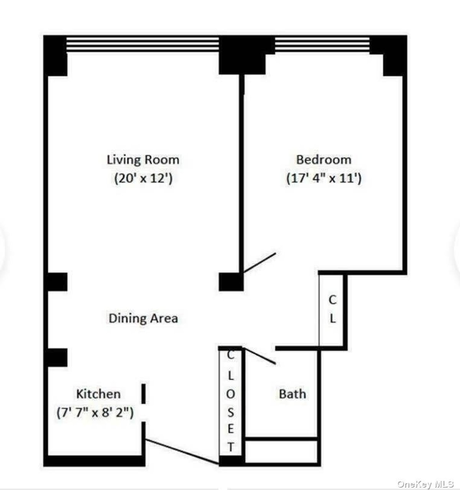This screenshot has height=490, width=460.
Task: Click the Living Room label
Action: coord(143,159)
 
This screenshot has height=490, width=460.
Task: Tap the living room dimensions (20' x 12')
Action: coord(143,178)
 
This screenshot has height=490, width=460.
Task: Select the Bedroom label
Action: coord(324,159)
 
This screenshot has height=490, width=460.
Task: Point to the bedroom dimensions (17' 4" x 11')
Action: coord(324,178)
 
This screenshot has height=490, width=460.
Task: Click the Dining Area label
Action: coord(143,318)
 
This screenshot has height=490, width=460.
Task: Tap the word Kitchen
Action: coord(99,394)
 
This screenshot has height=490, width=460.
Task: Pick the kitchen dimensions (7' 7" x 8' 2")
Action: coord(95,413)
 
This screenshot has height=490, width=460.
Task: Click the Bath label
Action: coord(292,394)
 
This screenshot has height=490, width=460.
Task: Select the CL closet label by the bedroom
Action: coord(333,309)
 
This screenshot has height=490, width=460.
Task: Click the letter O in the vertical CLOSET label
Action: coord(230,395)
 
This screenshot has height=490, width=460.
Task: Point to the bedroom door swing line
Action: coord(260,263)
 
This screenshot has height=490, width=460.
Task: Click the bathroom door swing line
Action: coord(260,356)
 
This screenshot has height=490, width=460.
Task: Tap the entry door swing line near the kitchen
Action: coord(182,452)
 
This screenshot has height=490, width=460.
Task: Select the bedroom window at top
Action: coord(322,44)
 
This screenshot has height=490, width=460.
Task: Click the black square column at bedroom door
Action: coord(231,282)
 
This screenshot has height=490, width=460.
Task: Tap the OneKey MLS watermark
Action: coord(426,484)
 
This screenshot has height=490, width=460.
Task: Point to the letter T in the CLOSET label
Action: coord(230,447)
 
